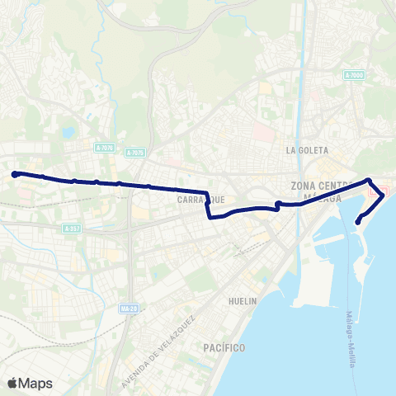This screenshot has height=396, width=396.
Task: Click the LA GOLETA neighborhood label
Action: (x=307, y=151)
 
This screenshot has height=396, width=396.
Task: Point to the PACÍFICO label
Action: (x=224, y=349)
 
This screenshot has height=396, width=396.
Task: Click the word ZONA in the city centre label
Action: (x=305, y=186)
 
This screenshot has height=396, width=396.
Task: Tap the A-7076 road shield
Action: (x=104, y=148)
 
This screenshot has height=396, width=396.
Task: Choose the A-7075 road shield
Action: (x=135, y=153)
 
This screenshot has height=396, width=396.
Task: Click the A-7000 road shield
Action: (x=353, y=75)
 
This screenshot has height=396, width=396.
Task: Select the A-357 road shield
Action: (x=72, y=228)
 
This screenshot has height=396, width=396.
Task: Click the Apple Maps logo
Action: (x=30, y=383)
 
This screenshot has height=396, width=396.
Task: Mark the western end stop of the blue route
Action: (x=15, y=174)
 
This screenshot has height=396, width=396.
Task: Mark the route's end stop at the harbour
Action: (x=358, y=221)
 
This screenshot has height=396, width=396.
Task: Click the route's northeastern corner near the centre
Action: (x=369, y=181)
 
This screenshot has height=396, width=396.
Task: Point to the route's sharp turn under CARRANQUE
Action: (x=209, y=218)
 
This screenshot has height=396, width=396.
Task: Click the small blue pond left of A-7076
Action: (x=68, y=132)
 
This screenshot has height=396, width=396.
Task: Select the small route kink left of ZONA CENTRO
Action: (x=278, y=205)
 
